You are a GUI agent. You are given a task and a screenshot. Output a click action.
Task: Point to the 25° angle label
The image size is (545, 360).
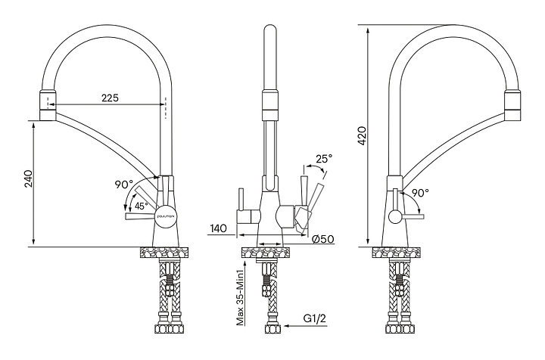tap(324, 159)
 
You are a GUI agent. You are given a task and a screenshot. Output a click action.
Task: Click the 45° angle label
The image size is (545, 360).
tap(142, 205)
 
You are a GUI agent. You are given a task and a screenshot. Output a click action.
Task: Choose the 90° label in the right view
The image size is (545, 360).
tap(421, 193)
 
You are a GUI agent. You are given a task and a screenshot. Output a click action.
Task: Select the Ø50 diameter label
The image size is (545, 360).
tap(324, 240)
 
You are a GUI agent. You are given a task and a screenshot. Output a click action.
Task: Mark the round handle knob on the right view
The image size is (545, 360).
tap(395, 217)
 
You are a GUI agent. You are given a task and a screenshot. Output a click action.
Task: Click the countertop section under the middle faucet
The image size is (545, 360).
tap(269, 253)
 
